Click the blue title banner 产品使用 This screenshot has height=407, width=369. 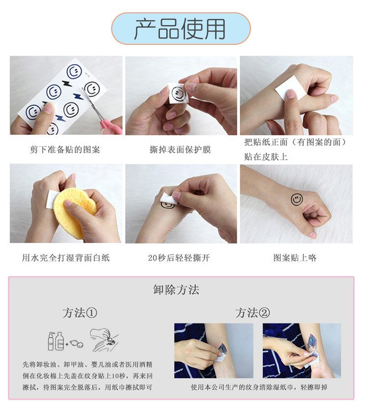(x=181, y=28)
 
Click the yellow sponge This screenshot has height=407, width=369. (x=75, y=212)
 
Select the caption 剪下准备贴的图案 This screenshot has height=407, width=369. (x=65, y=149)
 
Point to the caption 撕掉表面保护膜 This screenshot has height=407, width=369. (x=181, y=149)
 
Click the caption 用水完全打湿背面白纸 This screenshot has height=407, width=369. (x=66, y=258)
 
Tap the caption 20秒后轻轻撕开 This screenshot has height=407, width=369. (x=179, y=258)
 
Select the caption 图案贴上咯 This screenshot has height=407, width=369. (x=295, y=258)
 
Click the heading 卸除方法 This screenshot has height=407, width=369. (x=176, y=290)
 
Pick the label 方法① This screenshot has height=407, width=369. (x=80, y=313)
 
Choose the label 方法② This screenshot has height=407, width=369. (x=253, y=313)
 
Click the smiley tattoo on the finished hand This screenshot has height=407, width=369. (x=297, y=200)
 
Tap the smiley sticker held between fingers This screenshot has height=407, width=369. (x=178, y=94)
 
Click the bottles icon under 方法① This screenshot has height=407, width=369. (x=56, y=341)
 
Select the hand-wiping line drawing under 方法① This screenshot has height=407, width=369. (x=104, y=340)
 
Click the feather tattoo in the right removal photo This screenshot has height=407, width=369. (x=312, y=342)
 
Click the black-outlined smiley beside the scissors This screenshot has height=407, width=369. (x=92, y=89)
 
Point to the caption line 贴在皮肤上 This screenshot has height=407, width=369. (x=266, y=157)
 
